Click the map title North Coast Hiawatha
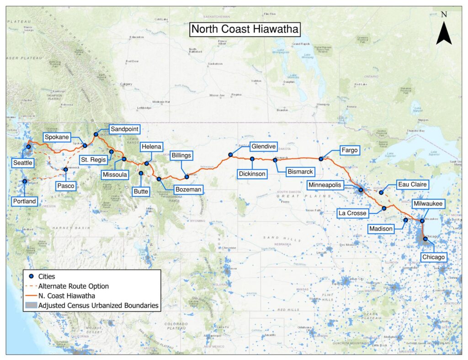tap(245, 29)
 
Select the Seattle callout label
tap(23, 163)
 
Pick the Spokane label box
tap(57, 137)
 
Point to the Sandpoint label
tap(123, 129)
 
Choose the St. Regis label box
tap(92, 159)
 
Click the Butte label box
tap(141, 191)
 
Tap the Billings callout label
tap(181, 155)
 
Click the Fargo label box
tap(349, 150)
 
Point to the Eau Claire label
tap(412, 184)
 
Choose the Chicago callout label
tap(433, 257)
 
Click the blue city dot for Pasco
tap(65, 169)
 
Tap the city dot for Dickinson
tap(252, 159)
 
